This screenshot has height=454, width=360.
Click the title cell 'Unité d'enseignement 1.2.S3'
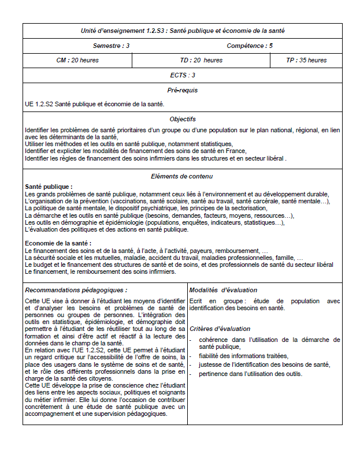coord(183,31)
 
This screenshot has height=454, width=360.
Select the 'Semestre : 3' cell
coord(111,46)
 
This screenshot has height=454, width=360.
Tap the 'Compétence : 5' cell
coord(250,46)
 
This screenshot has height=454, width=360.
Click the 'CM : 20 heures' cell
coord(77,60)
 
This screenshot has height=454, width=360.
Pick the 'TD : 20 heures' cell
coord(201,60)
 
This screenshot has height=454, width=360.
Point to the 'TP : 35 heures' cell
coord(306,60)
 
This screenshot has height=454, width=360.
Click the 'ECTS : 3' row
coord(183,75)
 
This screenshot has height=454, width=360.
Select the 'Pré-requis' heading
coord(183,90)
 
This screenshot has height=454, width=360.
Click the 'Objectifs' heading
coord(183,119)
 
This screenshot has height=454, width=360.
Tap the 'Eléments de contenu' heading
coord(183,176)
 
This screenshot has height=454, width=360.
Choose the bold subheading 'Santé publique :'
coord(49,187)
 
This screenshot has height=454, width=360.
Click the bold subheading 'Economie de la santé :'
coord(58,243)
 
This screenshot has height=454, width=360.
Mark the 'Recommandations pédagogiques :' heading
coord(76,290)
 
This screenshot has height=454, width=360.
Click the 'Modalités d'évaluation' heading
coord(223,290)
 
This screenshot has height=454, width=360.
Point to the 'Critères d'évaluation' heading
coord(220,329)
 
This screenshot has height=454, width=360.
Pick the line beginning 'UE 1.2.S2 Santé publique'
coord(95,104)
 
